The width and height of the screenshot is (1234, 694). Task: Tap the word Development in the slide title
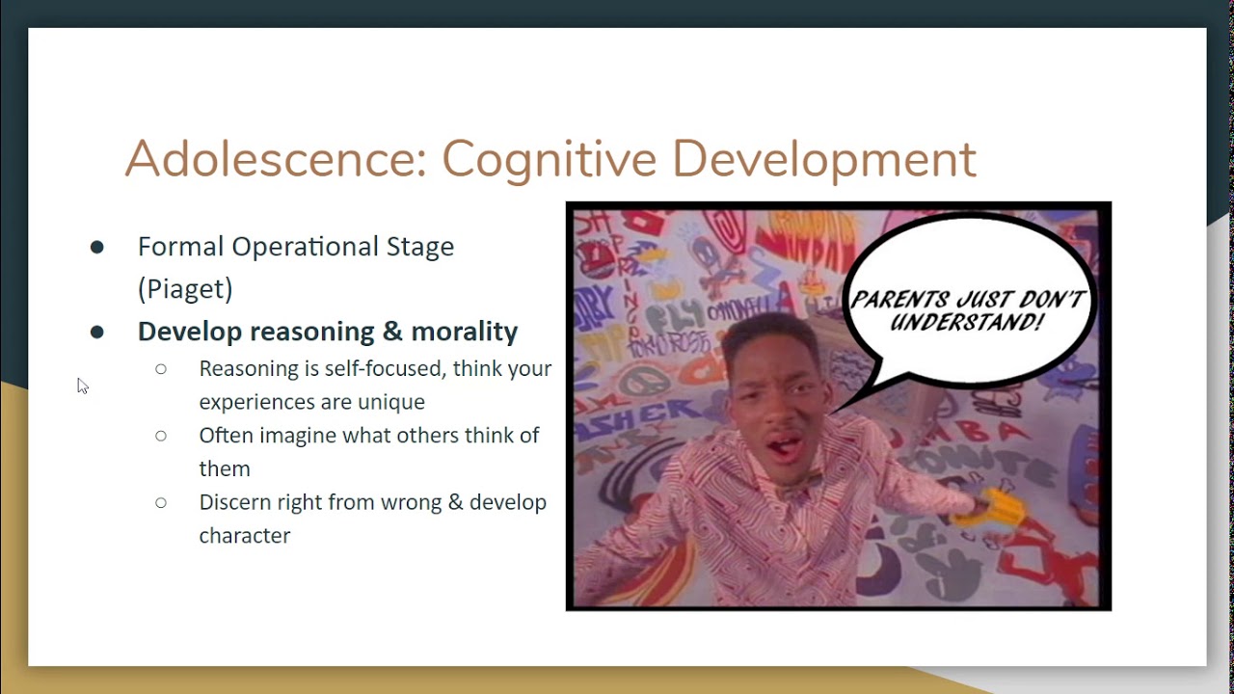click(x=824, y=159)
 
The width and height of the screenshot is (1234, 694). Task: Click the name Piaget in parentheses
click(x=185, y=288)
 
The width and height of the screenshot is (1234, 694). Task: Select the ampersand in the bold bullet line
click(x=391, y=331)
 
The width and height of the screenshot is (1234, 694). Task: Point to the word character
click(x=244, y=535)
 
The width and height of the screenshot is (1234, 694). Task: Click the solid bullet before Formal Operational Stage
click(x=96, y=247)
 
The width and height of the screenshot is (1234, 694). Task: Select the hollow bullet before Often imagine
click(x=161, y=436)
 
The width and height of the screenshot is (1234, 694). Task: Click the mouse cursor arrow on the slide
click(x=81, y=385)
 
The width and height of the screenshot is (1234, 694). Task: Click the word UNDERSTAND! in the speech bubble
click(x=966, y=323)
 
